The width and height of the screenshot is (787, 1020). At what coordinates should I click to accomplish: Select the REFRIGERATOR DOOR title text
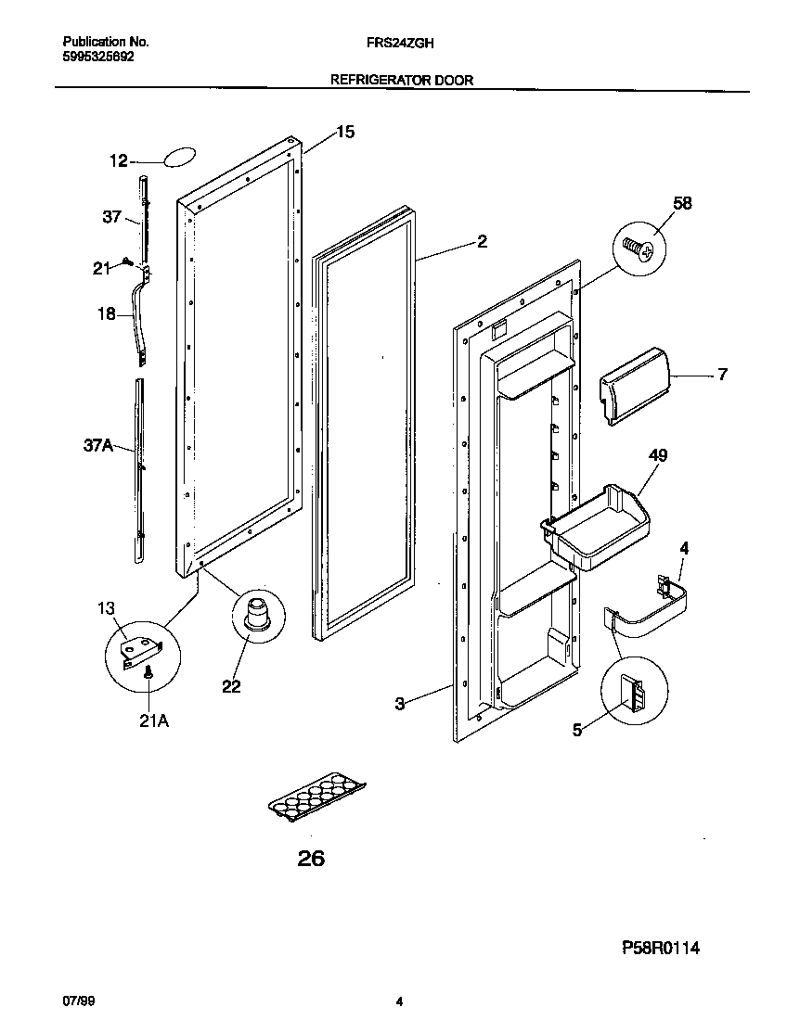click(x=402, y=81)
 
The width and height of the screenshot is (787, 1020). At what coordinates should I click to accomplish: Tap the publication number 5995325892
click(x=98, y=56)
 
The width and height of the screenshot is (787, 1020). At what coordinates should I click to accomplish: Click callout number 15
click(x=344, y=133)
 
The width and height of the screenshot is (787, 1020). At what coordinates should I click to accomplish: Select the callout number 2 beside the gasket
click(x=482, y=242)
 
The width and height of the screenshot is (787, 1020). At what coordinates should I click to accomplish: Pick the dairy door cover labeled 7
click(x=634, y=383)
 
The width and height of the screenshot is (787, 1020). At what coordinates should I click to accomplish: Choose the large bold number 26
click(x=312, y=860)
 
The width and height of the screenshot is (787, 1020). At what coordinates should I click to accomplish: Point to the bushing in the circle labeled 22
click(x=254, y=616)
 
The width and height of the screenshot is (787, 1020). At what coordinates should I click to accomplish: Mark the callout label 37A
click(x=97, y=446)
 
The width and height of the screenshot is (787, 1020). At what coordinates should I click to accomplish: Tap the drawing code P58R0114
click(x=661, y=948)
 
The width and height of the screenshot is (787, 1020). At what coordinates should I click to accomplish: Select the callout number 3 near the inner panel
click(x=400, y=705)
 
